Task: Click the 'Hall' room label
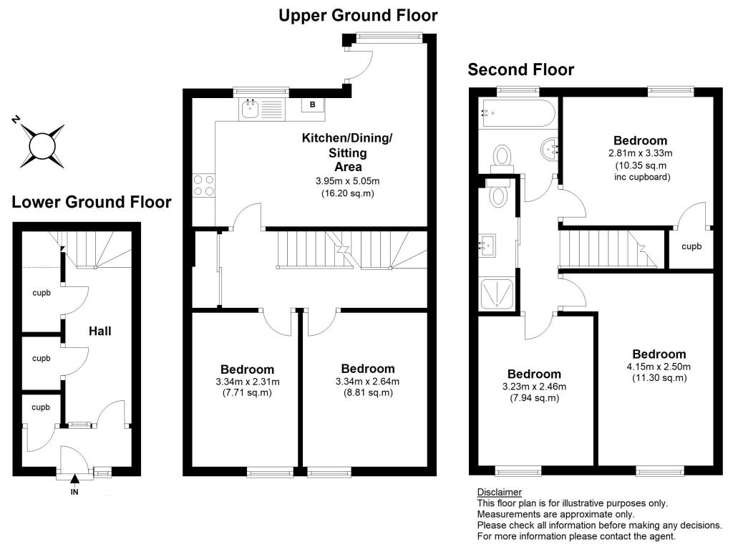99,331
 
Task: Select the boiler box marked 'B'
312,105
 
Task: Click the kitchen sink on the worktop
251,109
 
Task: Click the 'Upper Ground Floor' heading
358,14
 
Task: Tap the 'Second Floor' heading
520,69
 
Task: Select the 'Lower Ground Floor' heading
92,203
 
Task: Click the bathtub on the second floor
518,112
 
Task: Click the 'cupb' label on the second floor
691,246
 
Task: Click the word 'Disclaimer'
499,492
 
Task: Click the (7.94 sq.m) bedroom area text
533,398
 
